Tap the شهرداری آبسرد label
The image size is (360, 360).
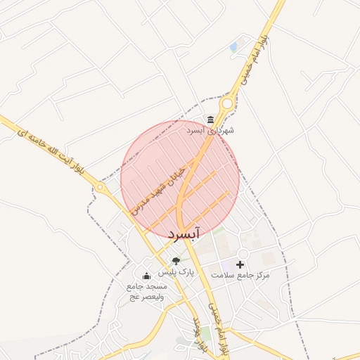210,130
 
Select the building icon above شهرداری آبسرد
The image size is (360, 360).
210,119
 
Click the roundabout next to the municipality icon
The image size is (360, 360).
227,104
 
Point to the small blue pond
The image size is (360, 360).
233,47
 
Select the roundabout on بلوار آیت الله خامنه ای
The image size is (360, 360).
101,188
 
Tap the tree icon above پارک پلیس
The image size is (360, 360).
176,261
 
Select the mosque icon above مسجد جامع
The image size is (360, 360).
146,276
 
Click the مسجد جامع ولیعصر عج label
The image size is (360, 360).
146,292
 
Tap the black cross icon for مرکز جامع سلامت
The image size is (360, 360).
240,264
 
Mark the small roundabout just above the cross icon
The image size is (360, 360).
243,252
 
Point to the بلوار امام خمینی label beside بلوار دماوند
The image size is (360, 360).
219,328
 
